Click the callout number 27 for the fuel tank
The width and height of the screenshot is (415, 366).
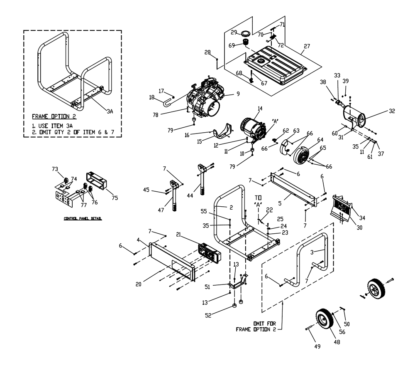(307, 46)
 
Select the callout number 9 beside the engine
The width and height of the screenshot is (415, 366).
(238, 94)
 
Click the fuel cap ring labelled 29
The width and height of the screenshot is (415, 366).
(246, 33)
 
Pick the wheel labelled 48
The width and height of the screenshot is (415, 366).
(324, 318)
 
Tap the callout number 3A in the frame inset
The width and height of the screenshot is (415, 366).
(110, 111)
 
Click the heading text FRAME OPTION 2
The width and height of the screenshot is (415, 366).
(54, 116)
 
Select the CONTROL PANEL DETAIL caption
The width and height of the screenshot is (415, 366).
(83, 219)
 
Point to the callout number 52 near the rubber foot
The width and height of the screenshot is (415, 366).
(208, 316)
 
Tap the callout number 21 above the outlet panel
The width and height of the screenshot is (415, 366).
(178, 235)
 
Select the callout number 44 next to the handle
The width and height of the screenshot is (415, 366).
(190, 196)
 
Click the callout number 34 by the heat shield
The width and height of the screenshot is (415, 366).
(362, 218)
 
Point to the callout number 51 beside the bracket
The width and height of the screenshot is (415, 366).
(207, 287)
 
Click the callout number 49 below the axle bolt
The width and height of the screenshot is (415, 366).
(317, 346)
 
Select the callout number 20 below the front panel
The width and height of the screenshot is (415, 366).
(139, 284)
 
